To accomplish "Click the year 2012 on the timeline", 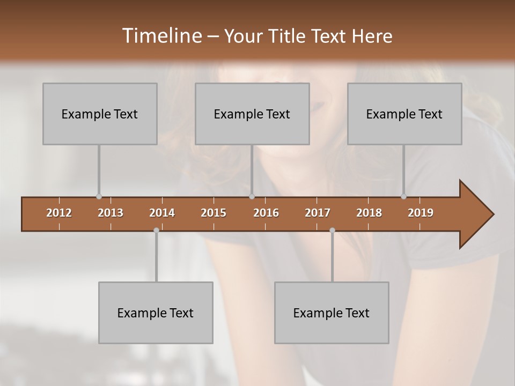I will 59,213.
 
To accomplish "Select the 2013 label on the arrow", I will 111,213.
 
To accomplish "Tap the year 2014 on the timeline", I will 162,213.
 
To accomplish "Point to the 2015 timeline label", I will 214,213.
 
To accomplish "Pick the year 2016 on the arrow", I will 266,213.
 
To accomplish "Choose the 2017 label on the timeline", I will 318,213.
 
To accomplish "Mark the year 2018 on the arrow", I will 369,213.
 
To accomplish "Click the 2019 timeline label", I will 421,213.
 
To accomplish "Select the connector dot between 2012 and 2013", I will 99,197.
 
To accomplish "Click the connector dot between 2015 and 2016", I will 252,197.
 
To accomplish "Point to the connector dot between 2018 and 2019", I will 404,197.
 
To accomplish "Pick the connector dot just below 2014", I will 156,230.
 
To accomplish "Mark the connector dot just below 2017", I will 332,230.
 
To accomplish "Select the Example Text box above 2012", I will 100,114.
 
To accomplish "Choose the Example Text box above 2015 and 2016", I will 252,114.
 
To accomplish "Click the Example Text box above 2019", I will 404,114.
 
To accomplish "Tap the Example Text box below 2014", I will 156,313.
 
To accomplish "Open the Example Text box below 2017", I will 332,313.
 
